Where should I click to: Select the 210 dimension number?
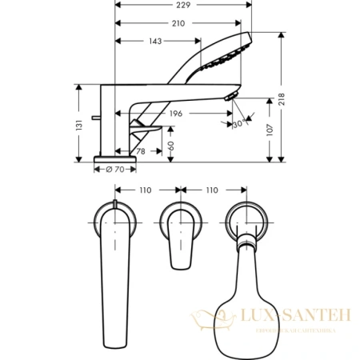178,23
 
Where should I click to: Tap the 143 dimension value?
150,42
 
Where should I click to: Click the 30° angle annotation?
238,124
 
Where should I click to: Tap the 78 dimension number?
142,152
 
